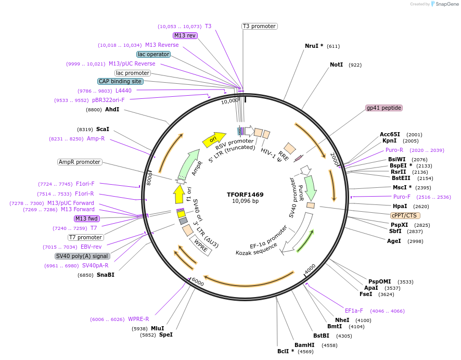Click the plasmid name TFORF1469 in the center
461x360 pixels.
[x=245, y=195]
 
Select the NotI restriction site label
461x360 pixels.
[x=336, y=65]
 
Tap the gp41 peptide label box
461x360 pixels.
[x=384, y=108]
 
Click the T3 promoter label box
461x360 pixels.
[x=259, y=26]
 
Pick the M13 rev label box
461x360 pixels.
[x=185, y=35]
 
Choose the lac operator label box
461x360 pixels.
[x=153, y=54]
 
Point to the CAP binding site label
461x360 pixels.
[x=120, y=81]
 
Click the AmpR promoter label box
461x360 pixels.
[x=80, y=162]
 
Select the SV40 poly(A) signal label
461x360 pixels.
[x=82, y=256]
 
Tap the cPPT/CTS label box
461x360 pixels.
[x=405, y=215]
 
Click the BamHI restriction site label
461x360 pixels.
[x=304, y=345]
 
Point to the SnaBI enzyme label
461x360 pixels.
[x=106, y=275]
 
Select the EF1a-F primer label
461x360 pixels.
[x=354, y=311]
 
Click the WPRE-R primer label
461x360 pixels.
[x=138, y=319]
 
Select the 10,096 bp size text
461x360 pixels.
[x=245, y=201]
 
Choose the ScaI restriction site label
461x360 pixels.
[x=103, y=129]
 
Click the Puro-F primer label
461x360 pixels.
[x=402, y=197]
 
